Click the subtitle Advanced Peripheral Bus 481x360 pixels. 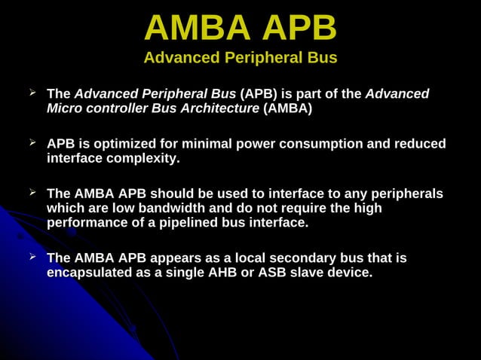pos(240,58)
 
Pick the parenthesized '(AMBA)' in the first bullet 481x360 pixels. pos(287,108)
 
